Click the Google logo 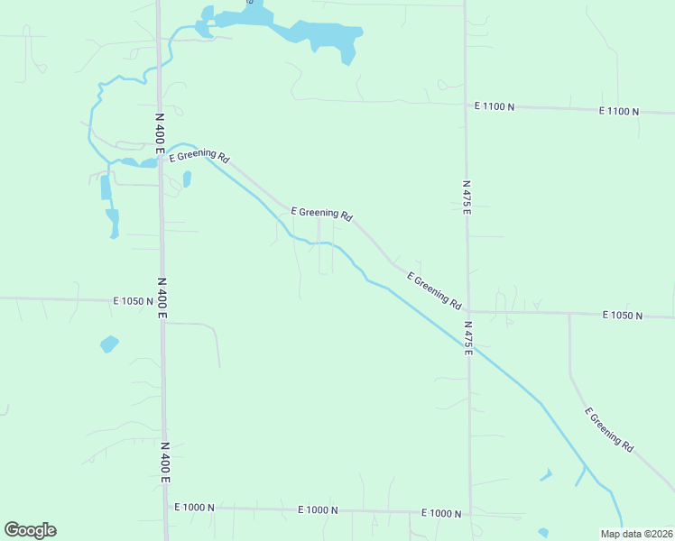[x=30, y=530]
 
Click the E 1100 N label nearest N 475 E [x=495, y=106]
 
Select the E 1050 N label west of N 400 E [x=134, y=301]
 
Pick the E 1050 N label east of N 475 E [x=623, y=316]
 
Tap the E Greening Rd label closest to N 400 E [x=199, y=156]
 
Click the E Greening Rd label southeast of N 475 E [x=609, y=429]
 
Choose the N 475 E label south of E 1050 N [x=469, y=336]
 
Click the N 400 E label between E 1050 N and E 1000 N [x=165, y=461]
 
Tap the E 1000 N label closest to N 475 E [x=441, y=513]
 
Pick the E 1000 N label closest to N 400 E [x=194, y=508]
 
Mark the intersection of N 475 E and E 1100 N [x=467, y=104]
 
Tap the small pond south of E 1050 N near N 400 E [x=109, y=344]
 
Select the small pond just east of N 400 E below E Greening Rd [x=187, y=179]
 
